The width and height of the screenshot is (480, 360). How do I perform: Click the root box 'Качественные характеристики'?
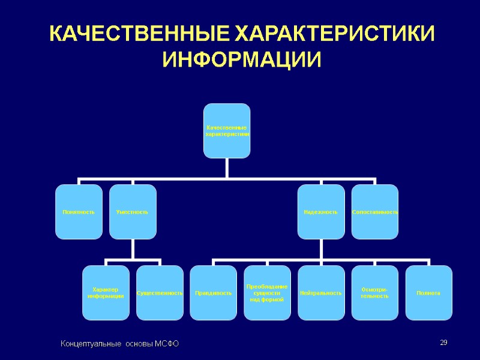point(227,131)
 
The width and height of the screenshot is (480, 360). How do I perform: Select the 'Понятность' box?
point(79,212)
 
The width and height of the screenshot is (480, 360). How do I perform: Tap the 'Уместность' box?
point(133,212)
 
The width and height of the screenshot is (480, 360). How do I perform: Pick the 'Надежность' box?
point(321,212)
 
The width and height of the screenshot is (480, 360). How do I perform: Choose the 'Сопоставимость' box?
point(374,212)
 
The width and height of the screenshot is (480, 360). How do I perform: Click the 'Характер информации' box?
point(106,293)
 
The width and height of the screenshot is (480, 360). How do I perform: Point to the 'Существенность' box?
point(160,293)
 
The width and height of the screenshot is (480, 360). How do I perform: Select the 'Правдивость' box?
point(214,293)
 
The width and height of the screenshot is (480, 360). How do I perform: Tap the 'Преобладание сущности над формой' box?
point(267,293)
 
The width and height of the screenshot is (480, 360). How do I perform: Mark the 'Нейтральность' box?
point(321,293)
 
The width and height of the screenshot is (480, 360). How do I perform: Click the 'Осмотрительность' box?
point(374,293)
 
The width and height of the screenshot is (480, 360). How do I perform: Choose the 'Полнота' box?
point(428,293)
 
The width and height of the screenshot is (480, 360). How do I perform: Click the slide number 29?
point(444,343)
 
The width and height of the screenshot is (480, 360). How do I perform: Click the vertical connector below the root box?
point(227,168)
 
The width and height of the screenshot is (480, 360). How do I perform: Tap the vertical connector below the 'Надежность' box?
point(321,249)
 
